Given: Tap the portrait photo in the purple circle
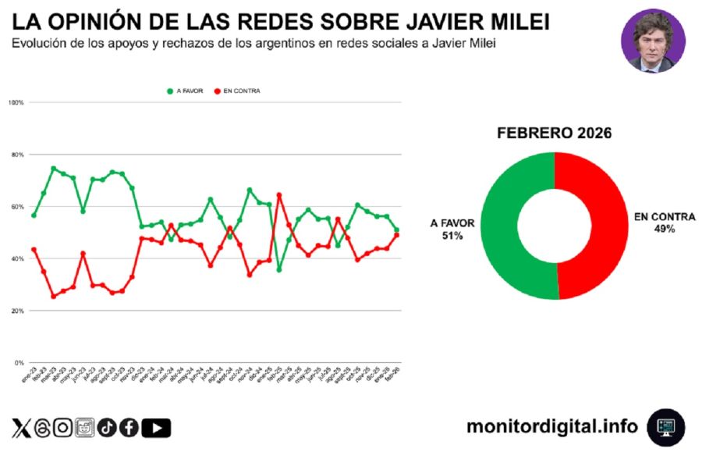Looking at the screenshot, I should click(653, 41).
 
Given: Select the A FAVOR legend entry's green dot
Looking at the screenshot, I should click(170, 91).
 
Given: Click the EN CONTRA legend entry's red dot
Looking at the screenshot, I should click(217, 91).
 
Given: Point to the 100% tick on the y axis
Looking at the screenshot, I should click(16, 102).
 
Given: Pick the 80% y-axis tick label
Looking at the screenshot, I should click(17, 155).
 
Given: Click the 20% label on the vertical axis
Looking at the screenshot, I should click(17, 311).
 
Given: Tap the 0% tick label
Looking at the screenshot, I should click(19, 363).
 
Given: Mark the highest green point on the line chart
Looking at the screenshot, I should click(54, 168).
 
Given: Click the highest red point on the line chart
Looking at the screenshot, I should click(279, 195).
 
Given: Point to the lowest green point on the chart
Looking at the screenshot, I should click(279, 269).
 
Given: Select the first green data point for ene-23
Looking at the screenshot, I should click(34, 215).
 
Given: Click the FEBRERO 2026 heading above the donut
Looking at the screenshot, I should click(554, 133).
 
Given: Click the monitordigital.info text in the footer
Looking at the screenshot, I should click(551, 426).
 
